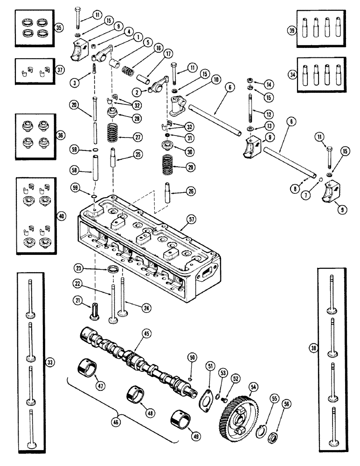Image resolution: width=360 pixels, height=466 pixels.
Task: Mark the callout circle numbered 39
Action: coord(291,31)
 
